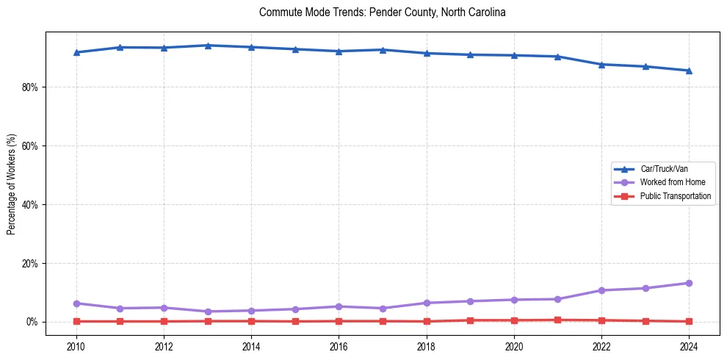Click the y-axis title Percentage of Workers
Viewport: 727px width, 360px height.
(x=11, y=183)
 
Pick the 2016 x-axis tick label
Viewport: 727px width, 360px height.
(x=339, y=346)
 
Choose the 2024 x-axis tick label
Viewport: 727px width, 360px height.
(x=689, y=346)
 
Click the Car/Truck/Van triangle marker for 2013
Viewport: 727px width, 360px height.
(x=208, y=46)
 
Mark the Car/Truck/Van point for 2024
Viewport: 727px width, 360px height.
(x=689, y=71)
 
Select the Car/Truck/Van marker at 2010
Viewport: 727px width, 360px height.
(x=76, y=52)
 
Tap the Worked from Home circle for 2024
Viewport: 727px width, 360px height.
(x=689, y=283)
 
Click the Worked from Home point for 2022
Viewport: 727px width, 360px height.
(x=601, y=290)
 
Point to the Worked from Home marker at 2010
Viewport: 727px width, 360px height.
(x=76, y=303)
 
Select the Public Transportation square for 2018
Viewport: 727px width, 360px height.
(x=427, y=321)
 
